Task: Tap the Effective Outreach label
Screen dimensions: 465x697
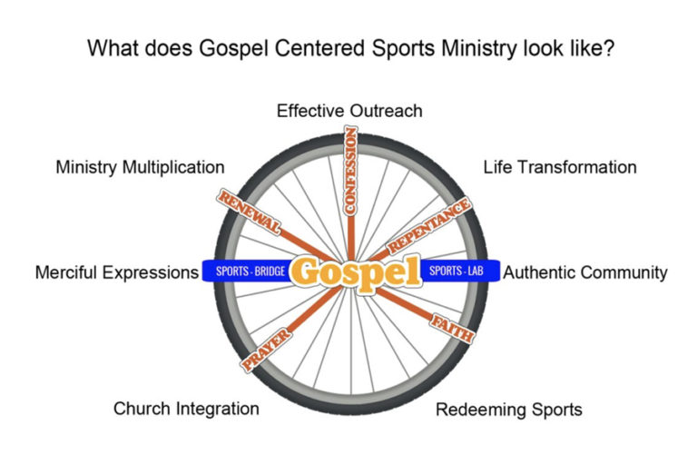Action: pyautogui.click(x=349, y=111)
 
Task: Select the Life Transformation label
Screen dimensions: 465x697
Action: pyautogui.click(x=559, y=167)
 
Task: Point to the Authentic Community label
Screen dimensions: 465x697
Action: pyautogui.click(x=585, y=272)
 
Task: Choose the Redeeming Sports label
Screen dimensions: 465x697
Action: pyautogui.click(x=508, y=410)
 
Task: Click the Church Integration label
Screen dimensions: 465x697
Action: pyautogui.click(x=186, y=409)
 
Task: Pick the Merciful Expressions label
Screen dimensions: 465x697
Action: pyautogui.click(x=116, y=272)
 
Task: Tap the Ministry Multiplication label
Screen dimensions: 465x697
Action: pyautogui.click(x=140, y=167)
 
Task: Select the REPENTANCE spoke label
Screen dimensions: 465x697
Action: pyautogui.click(x=429, y=226)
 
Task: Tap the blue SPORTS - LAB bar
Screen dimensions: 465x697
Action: pyautogui.click(x=454, y=271)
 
